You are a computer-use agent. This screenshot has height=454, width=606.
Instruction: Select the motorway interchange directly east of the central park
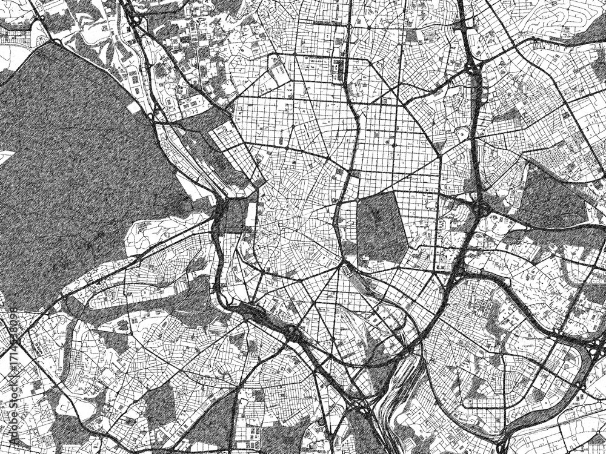[479, 209]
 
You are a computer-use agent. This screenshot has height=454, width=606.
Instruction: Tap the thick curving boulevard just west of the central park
[339, 206]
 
